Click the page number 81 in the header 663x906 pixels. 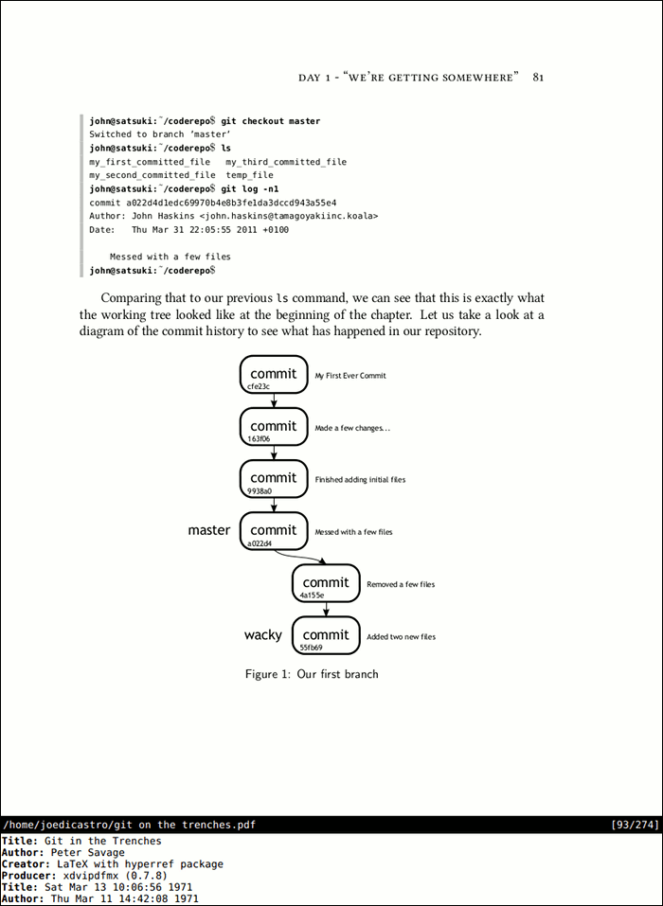point(538,77)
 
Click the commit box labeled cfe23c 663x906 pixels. point(274,374)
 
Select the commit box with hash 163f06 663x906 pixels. point(274,426)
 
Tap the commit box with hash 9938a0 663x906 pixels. point(274,478)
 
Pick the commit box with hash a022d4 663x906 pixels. point(274,530)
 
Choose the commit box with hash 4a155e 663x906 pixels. point(326,582)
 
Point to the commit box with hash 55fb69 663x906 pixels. point(326,634)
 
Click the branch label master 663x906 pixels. point(208,530)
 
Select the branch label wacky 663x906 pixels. point(263,634)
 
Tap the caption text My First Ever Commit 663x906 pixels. point(350,376)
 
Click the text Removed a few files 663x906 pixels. point(401,585)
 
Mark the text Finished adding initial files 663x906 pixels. point(360,480)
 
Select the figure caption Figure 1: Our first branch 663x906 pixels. point(312,674)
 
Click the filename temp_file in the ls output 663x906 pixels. point(250,175)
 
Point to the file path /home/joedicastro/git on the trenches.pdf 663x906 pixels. point(129,825)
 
